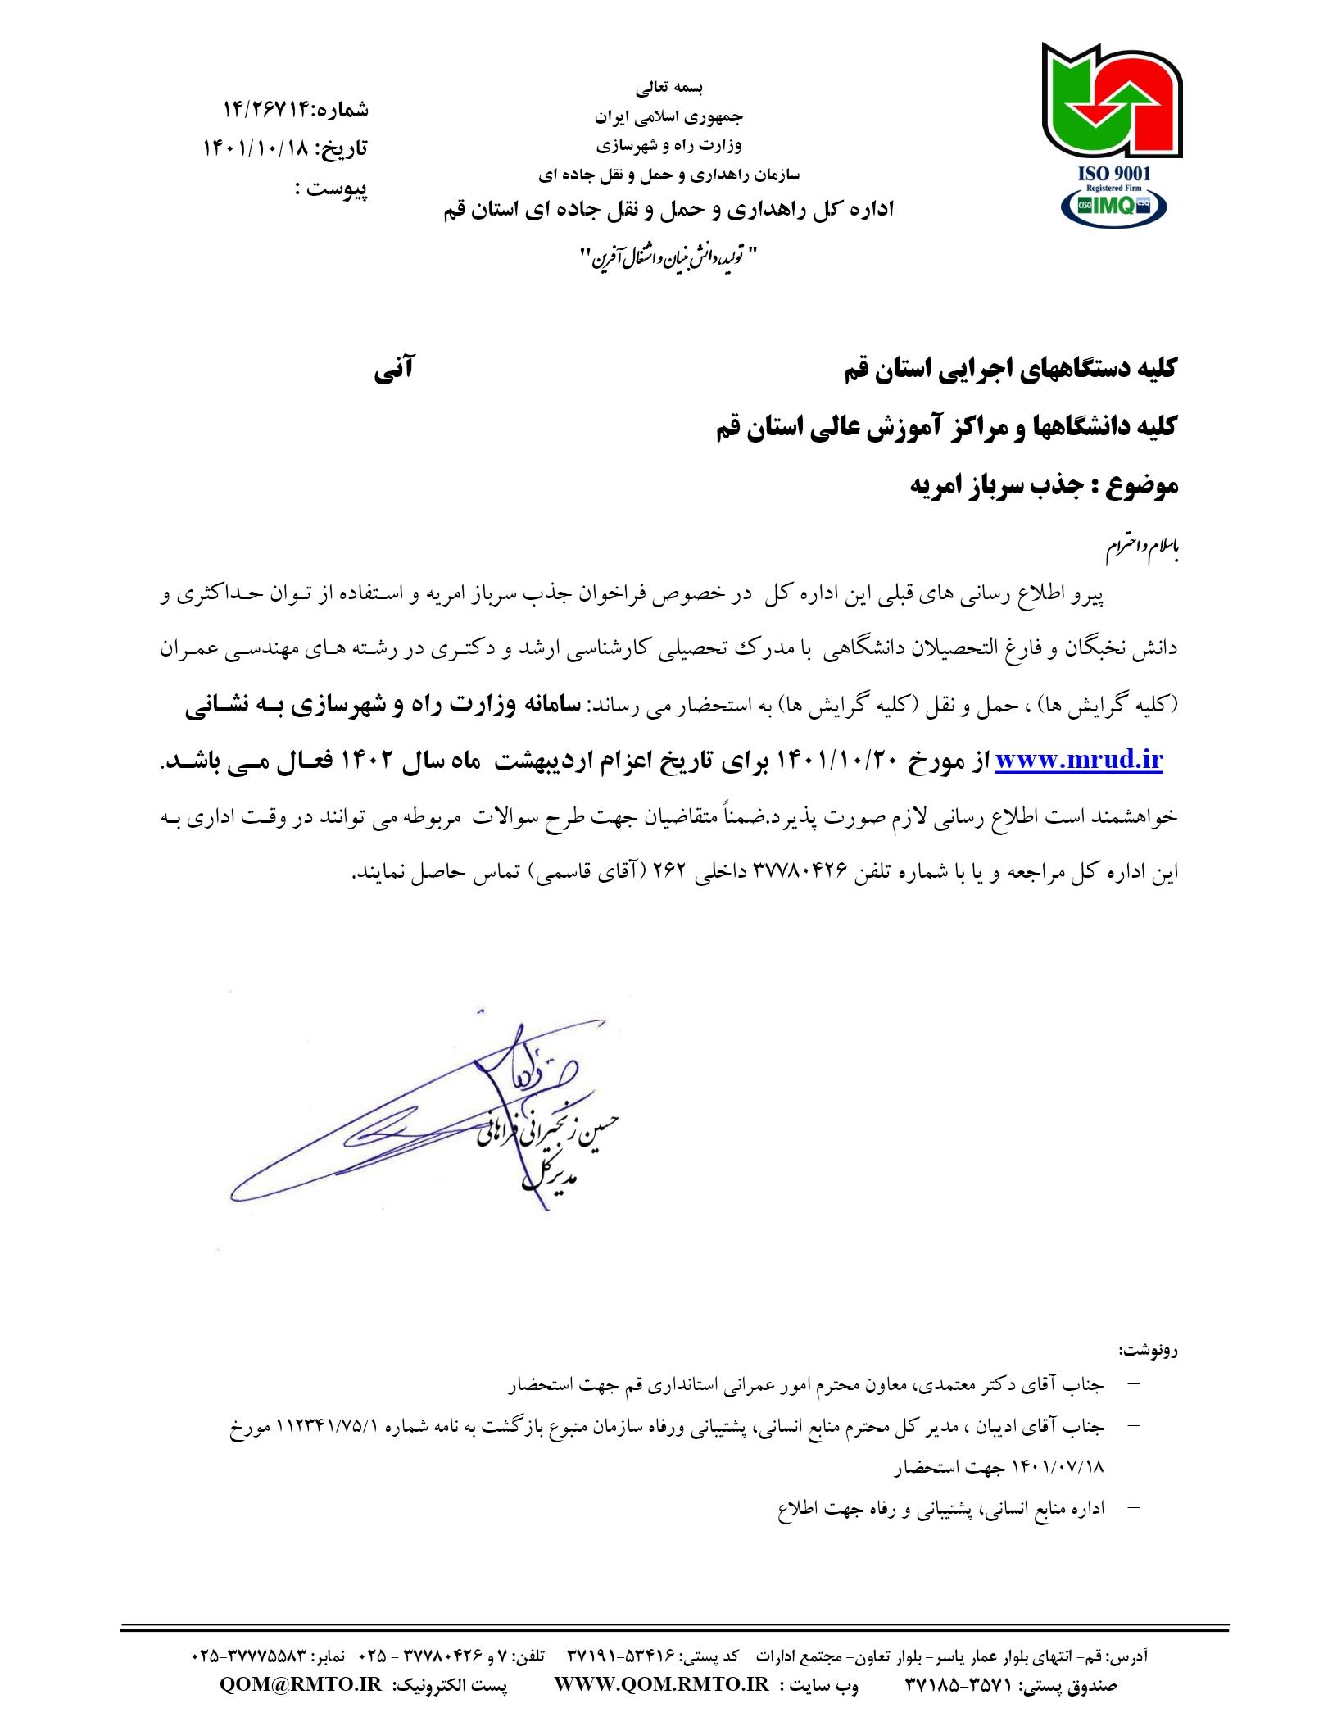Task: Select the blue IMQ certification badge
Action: [1113, 207]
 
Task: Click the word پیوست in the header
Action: [337, 189]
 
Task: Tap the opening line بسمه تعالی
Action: [669, 86]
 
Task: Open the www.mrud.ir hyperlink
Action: [1079, 760]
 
